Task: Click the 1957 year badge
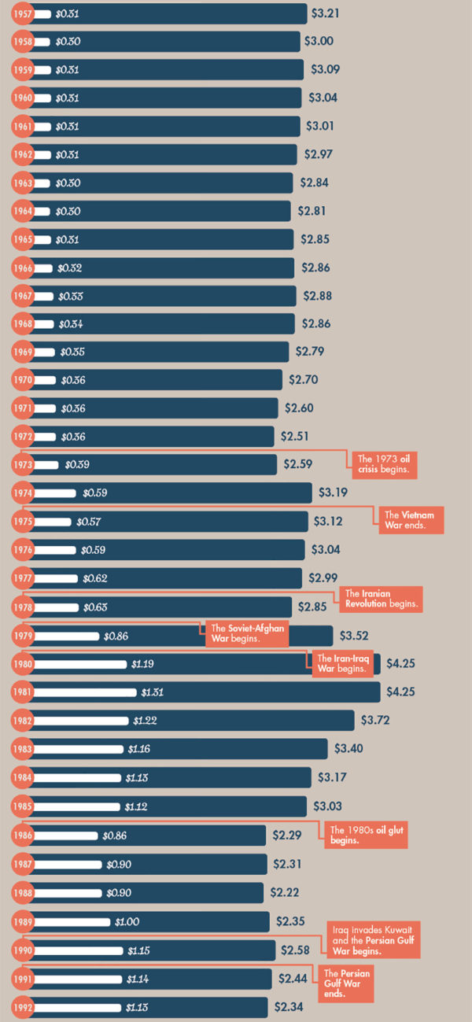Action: tap(23, 14)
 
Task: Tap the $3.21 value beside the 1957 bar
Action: tap(326, 13)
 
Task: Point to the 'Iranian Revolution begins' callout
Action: tap(381, 600)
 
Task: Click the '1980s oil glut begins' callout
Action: tap(366, 835)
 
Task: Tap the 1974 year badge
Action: tap(23, 493)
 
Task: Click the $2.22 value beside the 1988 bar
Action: tap(285, 893)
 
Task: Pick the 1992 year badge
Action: tap(23, 1006)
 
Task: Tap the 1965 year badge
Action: tap(23, 240)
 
